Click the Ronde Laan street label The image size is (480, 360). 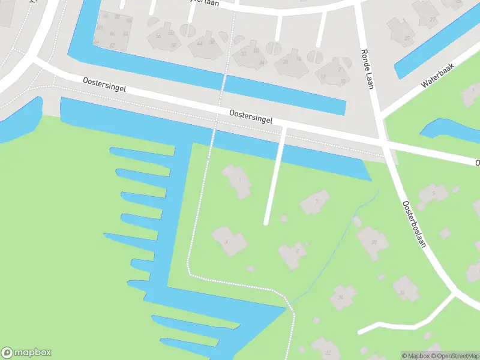pyautogui.click(x=367, y=68)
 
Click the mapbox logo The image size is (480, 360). pyautogui.click(x=26, y=353)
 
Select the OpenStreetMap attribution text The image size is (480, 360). pyautogui.click(x=455, y=356)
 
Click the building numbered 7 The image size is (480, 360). pyautogui.click(x=314, y=202)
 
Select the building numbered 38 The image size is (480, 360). pyautogui.click(x=373, y=242)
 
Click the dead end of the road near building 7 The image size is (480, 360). pyautogui.click(x=266, y=223)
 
